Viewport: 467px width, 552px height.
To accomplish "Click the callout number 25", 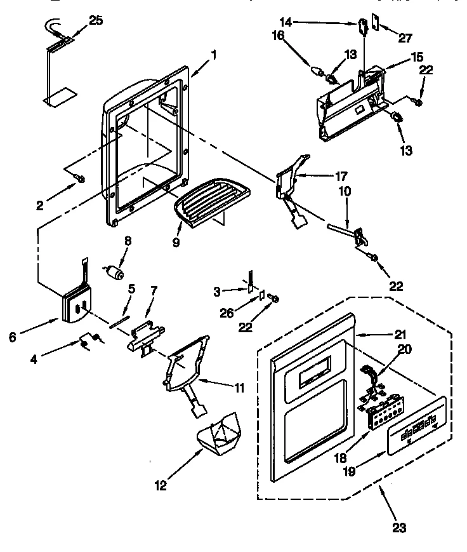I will (x=96, y=22).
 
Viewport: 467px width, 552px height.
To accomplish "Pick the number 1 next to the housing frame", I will (x=214, y=55).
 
